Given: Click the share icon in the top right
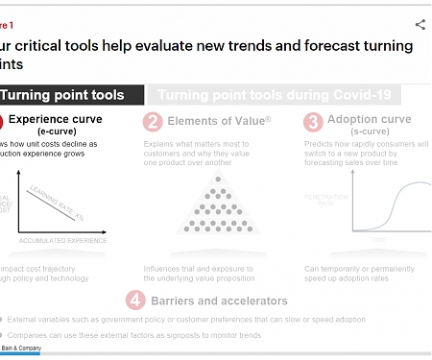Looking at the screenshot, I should click(x=420, y=25).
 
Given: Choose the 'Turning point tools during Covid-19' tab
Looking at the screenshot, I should click(x=278, y=95).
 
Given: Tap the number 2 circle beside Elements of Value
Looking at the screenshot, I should click(x=152, y=122).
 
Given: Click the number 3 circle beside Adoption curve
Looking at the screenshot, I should click(x=313, y=122).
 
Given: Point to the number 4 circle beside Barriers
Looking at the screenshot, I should click(x=137, y=299).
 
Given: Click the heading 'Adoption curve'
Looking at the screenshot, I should click(x=371, y=120).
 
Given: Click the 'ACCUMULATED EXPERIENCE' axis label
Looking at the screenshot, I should click(x=61, y=239).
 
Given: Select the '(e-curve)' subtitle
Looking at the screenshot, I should click(x=59, y=132).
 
